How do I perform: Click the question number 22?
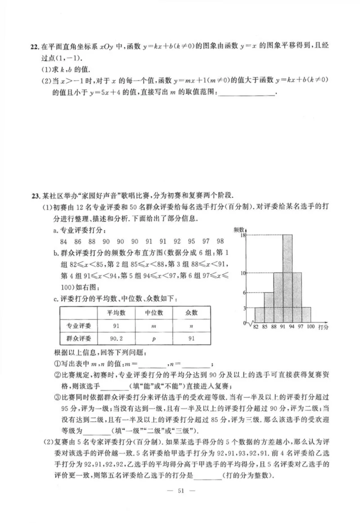[x=34, y=47]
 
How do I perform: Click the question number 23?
[x=34, y=195]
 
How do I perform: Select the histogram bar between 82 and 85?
[x=259, y=315]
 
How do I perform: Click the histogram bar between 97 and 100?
[x=306, y=315]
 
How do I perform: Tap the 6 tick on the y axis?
[x=243, y=292]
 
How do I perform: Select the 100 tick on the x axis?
[x=310, y=327]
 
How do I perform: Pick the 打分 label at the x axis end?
[x=323, y=327]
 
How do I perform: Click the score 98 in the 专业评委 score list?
[x=220, y=241]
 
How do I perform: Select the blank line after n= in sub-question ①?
[x=196, y=364]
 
